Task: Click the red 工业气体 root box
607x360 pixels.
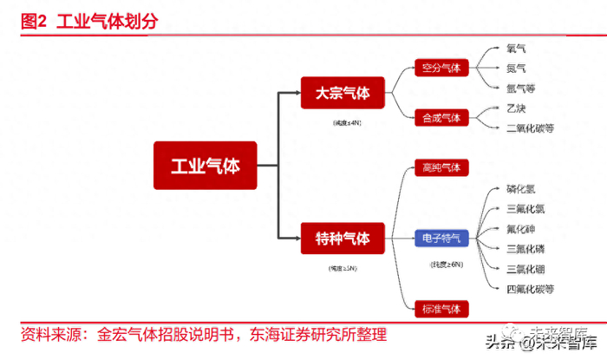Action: coord(205,166)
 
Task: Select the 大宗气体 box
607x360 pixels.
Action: coord(342,93)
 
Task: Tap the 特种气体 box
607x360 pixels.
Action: coord(342,238)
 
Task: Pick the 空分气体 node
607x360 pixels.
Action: coord(441,68)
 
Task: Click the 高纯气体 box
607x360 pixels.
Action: coord(441,167)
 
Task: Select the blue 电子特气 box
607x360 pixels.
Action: coord(441,238)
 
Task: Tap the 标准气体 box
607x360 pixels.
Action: coord(441,309)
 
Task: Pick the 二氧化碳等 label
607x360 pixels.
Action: coord(530,128)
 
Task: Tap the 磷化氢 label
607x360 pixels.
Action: coord(522,188)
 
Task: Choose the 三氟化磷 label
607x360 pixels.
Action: coord(526,248)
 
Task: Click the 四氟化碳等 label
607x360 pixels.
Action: coord(531,288)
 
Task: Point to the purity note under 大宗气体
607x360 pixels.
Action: coord(342,124)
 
